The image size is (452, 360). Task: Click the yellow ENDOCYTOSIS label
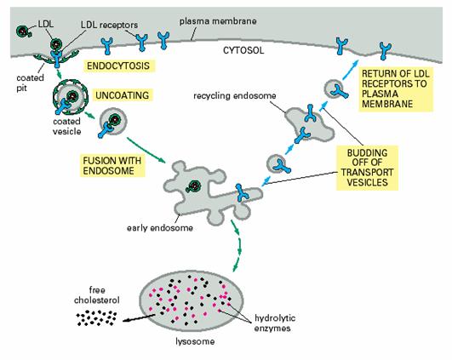coord(118,66)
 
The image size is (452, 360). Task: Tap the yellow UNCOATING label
coord(123,95)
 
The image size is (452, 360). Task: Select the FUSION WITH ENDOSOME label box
coord(112,165)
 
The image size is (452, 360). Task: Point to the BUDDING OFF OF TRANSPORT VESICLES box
coord(367,168)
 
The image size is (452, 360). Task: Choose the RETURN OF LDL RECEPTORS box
coord(396,89)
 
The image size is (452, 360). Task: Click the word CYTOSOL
coord(243,50)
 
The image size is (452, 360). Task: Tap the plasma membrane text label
coord(218,21)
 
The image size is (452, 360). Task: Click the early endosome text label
coord(160,228)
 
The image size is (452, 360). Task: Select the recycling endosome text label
coord(235,95)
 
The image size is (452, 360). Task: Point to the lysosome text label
coord(195,341)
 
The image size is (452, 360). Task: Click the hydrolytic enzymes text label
coord(275,323)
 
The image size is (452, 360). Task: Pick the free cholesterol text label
coord(96,294)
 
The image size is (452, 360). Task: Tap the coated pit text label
coord(30,83)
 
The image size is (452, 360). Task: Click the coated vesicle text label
coord(67,126)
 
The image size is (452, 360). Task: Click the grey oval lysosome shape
coord(191,301)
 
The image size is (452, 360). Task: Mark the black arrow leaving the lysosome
coord(139,318)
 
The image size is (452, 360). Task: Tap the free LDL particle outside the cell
coord(24,31)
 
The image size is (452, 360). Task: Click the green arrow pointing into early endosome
coord(146,150)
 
